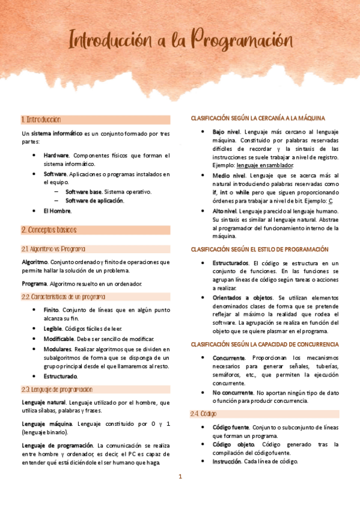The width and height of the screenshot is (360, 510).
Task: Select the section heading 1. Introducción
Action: pos(41,120)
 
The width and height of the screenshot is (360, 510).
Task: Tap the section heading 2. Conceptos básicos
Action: pos(49,230)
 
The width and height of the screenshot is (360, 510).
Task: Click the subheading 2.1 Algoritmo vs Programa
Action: pos(53,248)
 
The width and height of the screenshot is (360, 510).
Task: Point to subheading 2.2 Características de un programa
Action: pos(64,296)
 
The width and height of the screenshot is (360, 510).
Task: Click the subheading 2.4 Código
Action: pos(204,414)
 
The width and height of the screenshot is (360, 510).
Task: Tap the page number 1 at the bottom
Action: pos(180,477)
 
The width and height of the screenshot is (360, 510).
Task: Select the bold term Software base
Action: pos(84,192)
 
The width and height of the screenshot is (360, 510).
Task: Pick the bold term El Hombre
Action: pos(57,211)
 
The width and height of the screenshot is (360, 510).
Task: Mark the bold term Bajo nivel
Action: pos(226,131)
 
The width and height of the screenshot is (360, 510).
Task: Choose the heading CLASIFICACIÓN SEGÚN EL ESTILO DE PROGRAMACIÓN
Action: pos(260,249)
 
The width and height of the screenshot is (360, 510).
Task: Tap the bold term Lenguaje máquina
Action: pos(44,424)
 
